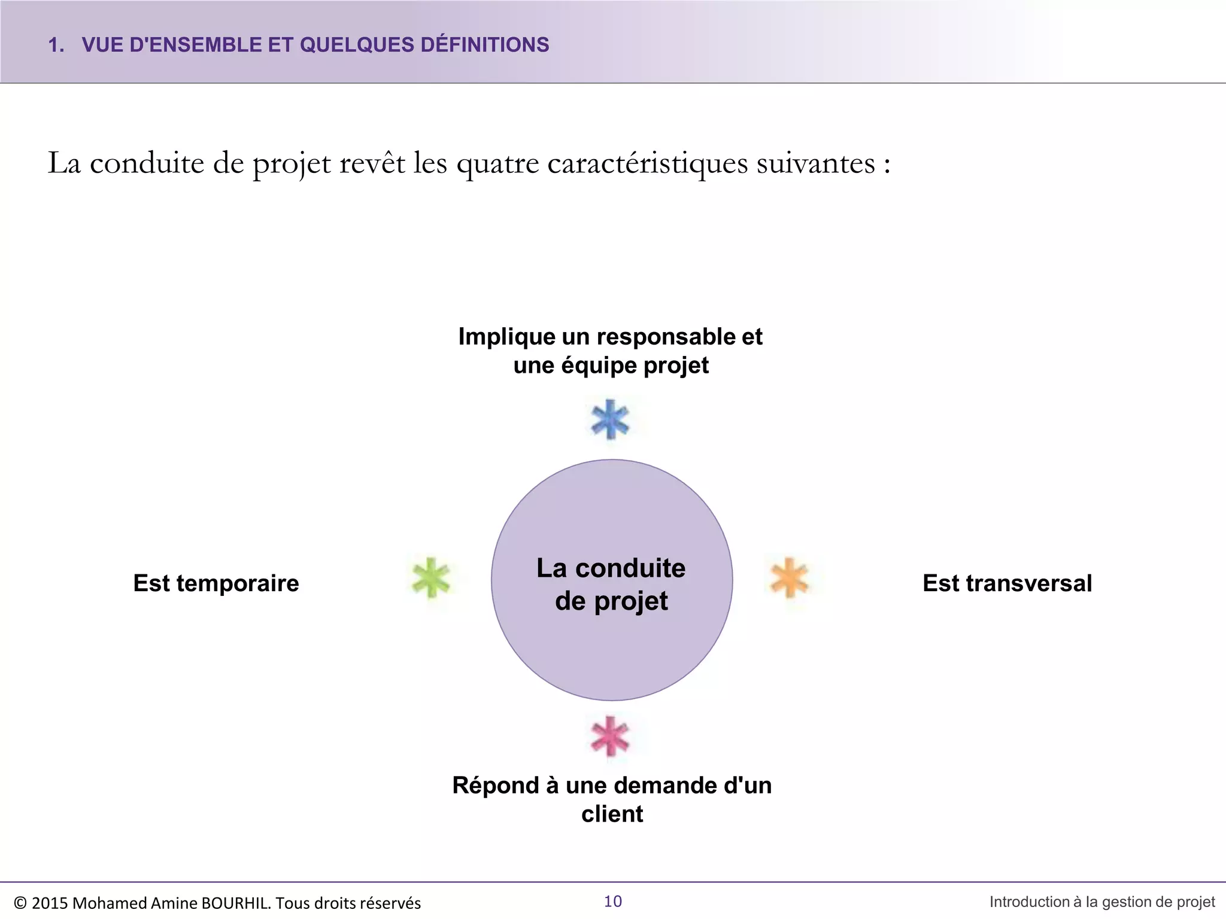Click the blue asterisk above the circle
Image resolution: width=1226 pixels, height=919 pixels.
pyautogui.click(x=610, y=419)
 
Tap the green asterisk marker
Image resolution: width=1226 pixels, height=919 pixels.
pyautogui.click(x=431, y=578)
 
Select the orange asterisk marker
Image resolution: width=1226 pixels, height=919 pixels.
pyautogui.click(x=790, y=578)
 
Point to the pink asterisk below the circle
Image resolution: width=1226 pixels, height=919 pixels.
pyautogui.click(x=610, y=736)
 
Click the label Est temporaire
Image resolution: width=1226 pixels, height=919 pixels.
pyautogui.click(x=216, y=583)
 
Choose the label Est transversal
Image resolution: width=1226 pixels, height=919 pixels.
pyautogui.click(x=1007, y=583)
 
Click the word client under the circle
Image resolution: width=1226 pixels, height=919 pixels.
pyautogui.click(x=612, y=814)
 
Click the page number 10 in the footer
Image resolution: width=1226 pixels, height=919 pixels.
pyautogui.click(x=613, y=902)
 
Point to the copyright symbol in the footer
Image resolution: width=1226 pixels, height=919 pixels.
pyautogui.click(x=20, y=903)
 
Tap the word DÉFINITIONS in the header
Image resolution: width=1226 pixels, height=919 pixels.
pyautogui.click(x=485, y=45)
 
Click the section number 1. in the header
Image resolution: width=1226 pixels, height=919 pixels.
pyautogui.click(x=56, y=45)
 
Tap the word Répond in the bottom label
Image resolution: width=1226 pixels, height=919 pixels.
pyautogui.click(x=496, y=786)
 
